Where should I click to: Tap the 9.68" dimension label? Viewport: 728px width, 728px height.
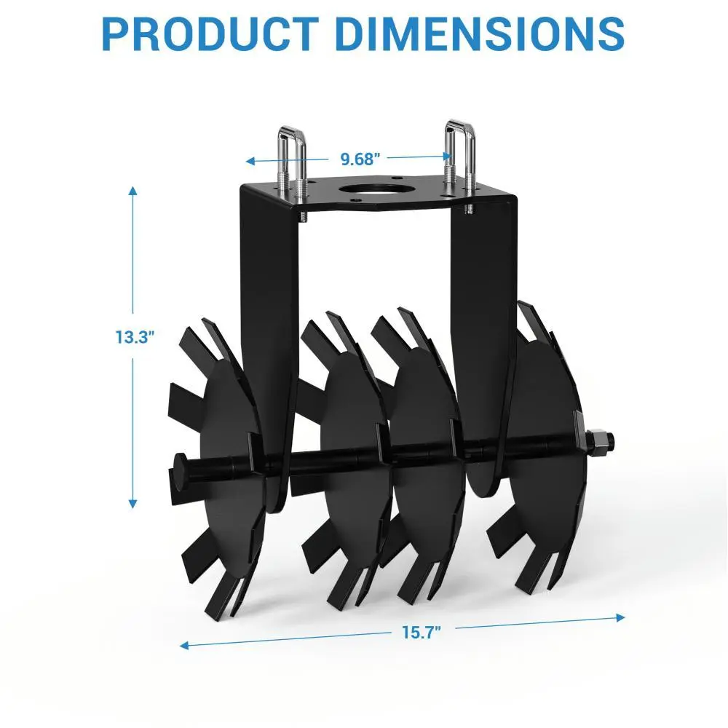pos(360,159)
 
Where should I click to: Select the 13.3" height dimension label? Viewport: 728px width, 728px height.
pos(134,337)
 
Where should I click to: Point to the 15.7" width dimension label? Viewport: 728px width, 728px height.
pos(421,633)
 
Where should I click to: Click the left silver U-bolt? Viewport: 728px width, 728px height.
pos(293,172)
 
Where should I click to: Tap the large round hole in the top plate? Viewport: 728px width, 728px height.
pos(376,190)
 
